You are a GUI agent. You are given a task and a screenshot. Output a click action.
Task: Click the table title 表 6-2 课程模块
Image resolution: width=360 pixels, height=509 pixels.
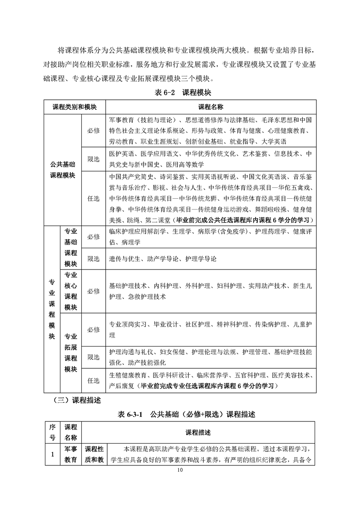180,93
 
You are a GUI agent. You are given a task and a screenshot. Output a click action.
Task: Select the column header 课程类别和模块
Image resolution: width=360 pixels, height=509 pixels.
74,108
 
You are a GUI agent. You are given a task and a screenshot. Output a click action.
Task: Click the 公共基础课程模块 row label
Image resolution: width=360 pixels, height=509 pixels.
63,170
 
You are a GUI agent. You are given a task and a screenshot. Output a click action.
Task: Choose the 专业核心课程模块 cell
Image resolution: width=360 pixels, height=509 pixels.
70,291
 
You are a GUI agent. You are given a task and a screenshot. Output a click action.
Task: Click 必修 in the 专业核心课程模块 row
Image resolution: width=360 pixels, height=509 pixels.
94,291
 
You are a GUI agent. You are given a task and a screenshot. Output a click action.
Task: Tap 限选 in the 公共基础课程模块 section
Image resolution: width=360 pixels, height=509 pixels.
94,159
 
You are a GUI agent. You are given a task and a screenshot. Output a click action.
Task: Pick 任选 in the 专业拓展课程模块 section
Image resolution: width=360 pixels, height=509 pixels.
94,381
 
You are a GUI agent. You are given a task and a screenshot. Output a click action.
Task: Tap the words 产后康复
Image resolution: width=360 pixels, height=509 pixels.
122,386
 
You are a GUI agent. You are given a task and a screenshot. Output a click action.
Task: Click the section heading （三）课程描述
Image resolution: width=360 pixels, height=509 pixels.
77,401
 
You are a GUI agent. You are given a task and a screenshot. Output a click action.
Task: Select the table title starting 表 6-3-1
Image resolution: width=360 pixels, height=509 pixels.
180,414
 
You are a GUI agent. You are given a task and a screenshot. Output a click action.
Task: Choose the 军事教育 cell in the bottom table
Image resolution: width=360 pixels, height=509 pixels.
70,454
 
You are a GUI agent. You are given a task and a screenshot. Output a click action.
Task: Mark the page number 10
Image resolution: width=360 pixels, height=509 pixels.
180,472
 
